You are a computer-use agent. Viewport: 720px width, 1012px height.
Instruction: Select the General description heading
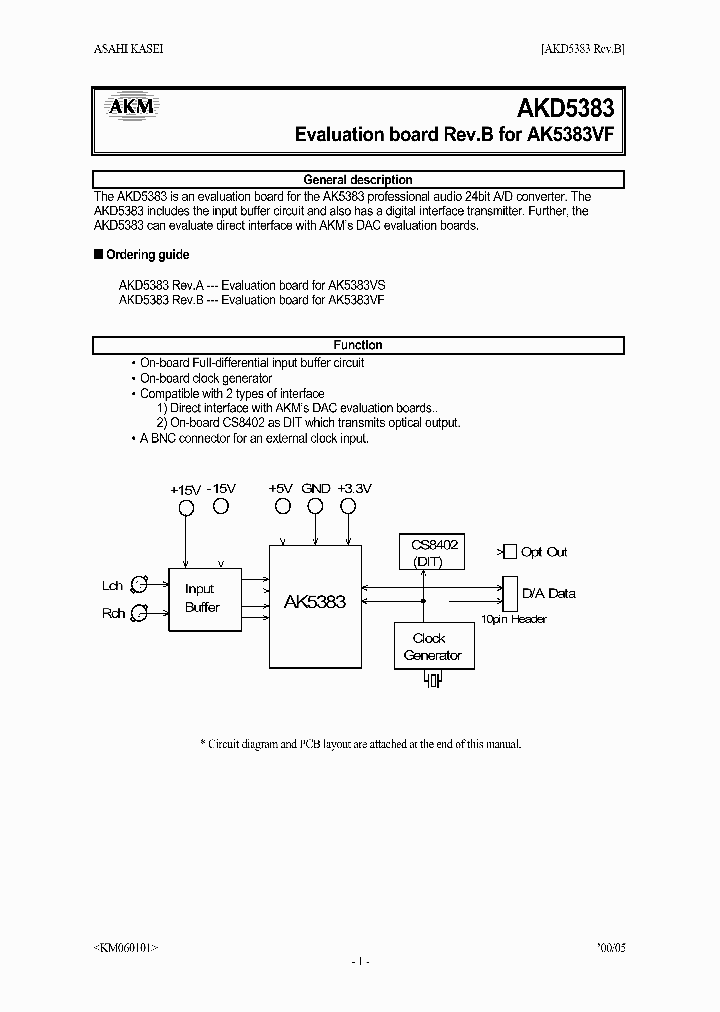(x=358, y=180)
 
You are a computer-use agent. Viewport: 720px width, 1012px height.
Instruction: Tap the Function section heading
(x=358, y=345)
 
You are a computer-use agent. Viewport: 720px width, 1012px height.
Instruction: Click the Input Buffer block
(x=203, y=598)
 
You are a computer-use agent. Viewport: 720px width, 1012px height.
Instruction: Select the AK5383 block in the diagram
(x=315, y=602)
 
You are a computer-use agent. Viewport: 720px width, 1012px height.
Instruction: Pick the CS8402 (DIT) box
(x=435, y=552)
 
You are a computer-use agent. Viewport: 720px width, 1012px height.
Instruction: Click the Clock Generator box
(x=432, y=646)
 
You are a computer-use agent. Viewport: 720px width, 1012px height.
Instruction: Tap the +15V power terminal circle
(x=187, y=508)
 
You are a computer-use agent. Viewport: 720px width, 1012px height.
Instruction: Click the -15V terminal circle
(x=221, y=506)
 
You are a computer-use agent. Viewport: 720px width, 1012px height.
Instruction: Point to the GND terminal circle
(x=315, y=506)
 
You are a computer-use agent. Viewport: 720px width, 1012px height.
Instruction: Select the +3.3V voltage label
(x=354, y=488)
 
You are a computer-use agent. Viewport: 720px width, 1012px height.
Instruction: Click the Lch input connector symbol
(x=141, y=585)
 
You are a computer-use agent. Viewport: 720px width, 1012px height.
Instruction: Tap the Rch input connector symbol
(x=141, y=613)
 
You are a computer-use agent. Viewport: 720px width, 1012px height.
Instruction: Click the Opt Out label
(x=544, y=552)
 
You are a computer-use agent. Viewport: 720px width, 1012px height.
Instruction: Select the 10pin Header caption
(x=514, y=620)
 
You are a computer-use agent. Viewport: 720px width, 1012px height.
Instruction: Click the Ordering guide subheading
(x=146, y=255)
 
